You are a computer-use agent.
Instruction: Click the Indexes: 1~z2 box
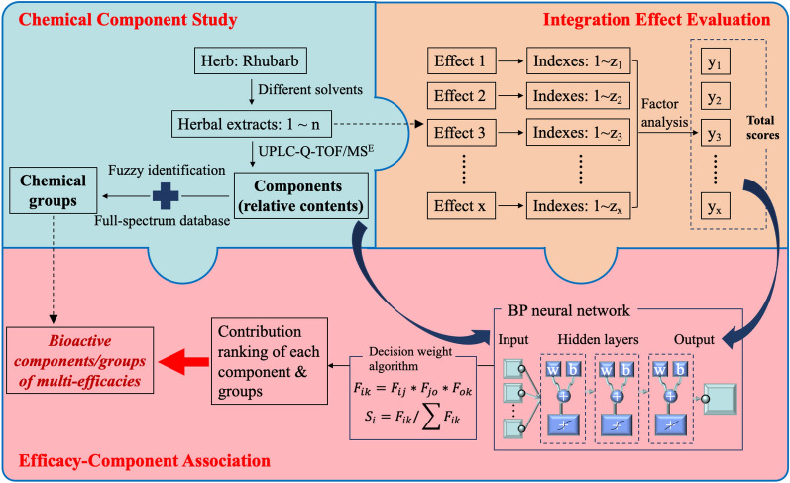(x=576, y=96)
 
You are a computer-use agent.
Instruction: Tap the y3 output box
(x=714, y=133)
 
